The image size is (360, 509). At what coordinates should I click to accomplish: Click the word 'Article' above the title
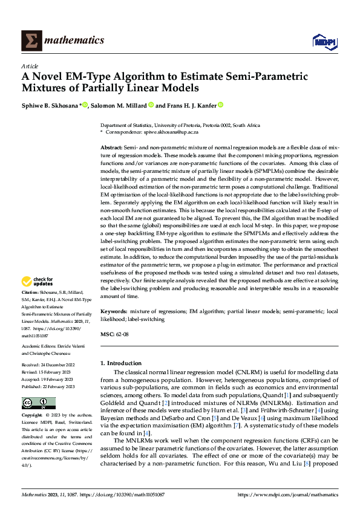[30, 66]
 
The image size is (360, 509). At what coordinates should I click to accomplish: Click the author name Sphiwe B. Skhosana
[54, 105]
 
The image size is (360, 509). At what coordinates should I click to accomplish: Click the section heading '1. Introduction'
[120, 363]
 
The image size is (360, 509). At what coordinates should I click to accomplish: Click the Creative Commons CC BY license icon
[38, 403]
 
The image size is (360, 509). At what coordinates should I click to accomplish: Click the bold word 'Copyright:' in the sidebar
[32, 416]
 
